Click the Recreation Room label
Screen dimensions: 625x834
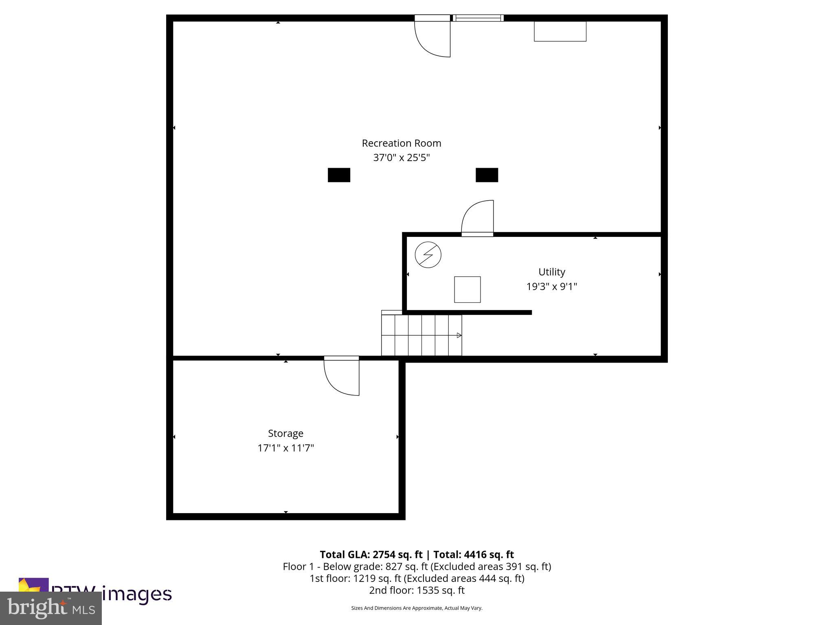[x=401, y=143]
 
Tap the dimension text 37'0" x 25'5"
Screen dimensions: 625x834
[x=401, y=157]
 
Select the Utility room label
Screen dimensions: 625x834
[x=551, y=272]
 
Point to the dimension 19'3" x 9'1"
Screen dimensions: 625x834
[x=551, y=286]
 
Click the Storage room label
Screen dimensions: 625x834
[x=285, y=433]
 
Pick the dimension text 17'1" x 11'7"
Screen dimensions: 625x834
[x=285, y=448]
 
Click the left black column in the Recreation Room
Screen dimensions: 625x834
[x=339, y=175]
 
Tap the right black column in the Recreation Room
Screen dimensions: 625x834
[x=487, y=175]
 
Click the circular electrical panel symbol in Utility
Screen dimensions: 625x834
[x=428, y=255]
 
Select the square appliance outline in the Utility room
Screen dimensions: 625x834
[x=467, y=289]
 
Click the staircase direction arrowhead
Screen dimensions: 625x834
[x=459, y=335]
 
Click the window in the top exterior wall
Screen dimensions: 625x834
[x=478, y=18]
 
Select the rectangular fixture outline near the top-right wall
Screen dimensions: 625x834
[x=560, y=31]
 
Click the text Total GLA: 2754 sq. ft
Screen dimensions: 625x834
[x=371, y=555]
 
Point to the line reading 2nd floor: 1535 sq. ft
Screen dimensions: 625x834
[x=417, y=590]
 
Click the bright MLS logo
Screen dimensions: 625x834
[x=51, y=608]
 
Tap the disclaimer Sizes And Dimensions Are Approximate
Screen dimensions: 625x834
[x=417, y=608]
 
